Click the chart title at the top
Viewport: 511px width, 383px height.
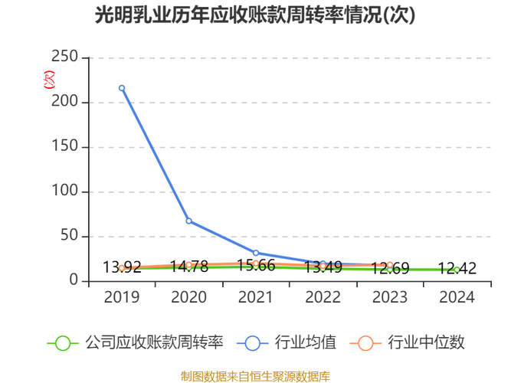point(255,16)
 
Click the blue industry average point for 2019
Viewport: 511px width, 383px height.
point(122,88)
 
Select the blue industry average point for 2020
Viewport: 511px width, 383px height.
point(188,221)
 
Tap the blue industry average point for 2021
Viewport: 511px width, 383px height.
point(256,253)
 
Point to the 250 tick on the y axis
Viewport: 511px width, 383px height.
point(64,57)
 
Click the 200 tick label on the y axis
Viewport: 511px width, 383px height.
point(64,102)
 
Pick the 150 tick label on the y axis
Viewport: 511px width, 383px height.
point(64,147)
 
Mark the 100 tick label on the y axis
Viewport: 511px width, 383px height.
point(64,191)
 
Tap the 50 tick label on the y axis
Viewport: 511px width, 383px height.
point(69,236)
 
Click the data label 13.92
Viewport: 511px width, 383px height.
point(122,267)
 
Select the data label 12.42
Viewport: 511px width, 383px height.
point(457,268)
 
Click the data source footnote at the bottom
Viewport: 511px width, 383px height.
point(255,375)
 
